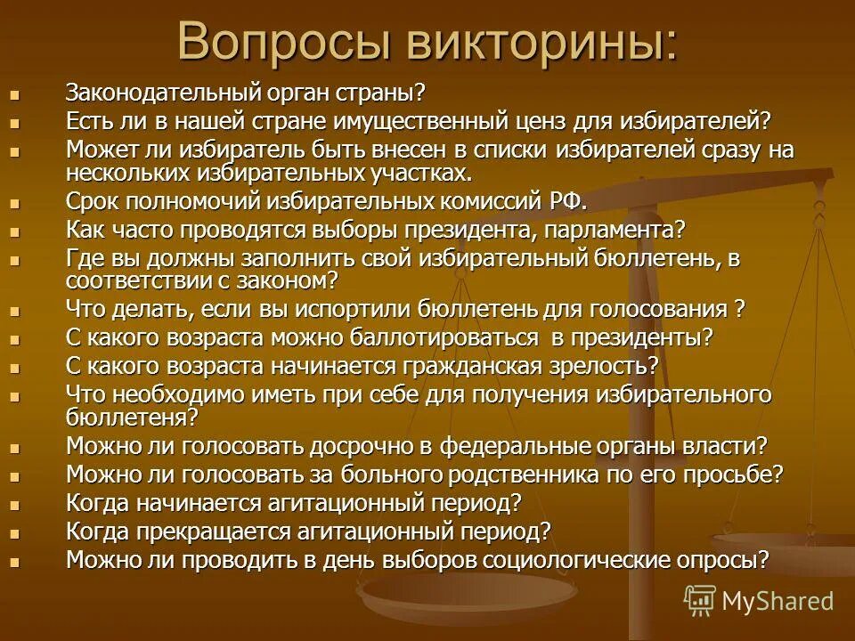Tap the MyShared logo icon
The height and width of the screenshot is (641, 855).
pyautogui.click(x=700, y=599)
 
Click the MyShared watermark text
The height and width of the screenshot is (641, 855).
pyautogui.click(x=778, y=601)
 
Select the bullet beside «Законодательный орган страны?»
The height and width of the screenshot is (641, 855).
pyautogui.click(x=13, y=93)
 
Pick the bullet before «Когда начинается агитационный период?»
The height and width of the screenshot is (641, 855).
pyautogui.click(x=13, y=504)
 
